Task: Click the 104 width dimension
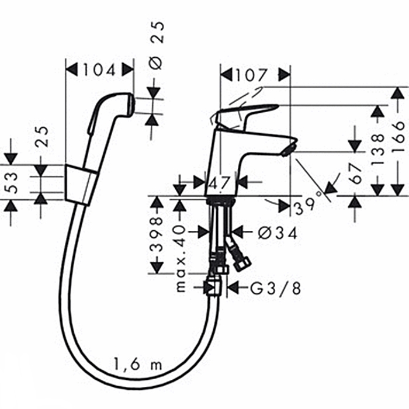pyautogui.click(x=99, y=70)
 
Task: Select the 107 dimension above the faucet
pyautogui.click(x=251, y=75)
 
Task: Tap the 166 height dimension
pyautogui.click(x=398, y=141)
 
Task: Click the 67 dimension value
pyautogui.click(x=355, y=173)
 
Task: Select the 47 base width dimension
pyautogui.click(x=219, y=183)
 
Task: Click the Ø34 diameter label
pyautogui.click(x=278, y=233)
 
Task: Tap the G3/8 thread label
pyautogui.click(x=276, y=288)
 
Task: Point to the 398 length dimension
pyautogui.click(x=157, y=234)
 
